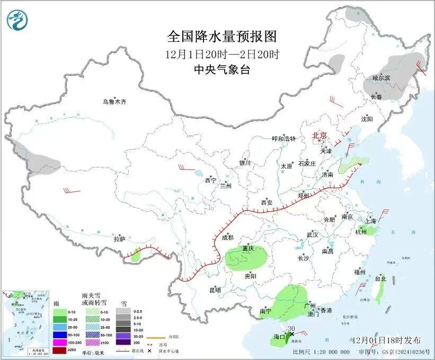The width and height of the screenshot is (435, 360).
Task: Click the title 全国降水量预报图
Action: pos(221,37)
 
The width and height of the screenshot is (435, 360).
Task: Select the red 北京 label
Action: pos(320,136)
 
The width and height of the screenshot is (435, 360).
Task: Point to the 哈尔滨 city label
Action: pos(380,78)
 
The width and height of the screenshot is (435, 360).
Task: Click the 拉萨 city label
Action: pos(119,239)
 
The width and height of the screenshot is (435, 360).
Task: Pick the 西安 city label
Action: pos(267,203)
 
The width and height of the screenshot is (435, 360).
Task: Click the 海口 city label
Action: pos(279,336)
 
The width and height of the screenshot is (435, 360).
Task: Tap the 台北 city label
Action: pos(380,278)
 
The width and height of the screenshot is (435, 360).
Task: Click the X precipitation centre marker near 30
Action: pos(291,334)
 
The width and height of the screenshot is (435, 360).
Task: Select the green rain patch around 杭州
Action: pos(371,231)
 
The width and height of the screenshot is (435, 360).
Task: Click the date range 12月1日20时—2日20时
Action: pos(221,54)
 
